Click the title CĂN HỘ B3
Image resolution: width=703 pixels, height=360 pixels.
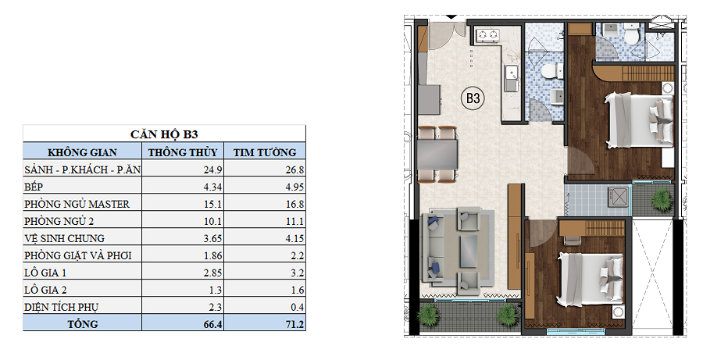pyautogui.click(x=164, y=134)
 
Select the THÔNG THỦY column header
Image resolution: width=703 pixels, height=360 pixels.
pyautogui.click(x=183, y=152)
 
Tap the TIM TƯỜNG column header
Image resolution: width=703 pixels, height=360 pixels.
pyautogui.click(x=265, y=152)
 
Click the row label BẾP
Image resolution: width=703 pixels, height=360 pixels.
pyautogui.click(x=34, y=187)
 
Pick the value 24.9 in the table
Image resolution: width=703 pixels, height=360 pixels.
pyautogui.click(x=212, y=170)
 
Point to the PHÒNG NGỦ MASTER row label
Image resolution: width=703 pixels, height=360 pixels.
pyautogui.click(x=77, y=204)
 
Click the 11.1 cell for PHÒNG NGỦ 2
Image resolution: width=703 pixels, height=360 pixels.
pyautogui.click(x=294, y=222)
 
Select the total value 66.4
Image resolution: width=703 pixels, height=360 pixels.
pyautogui.click(x=213, y=324)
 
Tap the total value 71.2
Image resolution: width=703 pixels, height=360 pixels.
pyautogui.click(x=295, y=324)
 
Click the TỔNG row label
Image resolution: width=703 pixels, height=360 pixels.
pyautogui.click(x=83, y=323)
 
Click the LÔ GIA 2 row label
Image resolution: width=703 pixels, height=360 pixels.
pyautogui.click(x=45, y=290)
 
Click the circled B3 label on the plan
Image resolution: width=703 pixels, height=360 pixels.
pyautogui.click(x=473, y=98)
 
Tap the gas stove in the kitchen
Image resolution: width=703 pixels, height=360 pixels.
pyautogui.click(x=487, y=34)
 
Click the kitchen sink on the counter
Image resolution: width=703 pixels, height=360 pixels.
pyautogui.click(x=511, y=78)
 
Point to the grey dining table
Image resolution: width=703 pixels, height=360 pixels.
pyautogui.click(x=437, y=154)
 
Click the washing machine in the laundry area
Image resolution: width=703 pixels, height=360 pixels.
pyautogui.click(x=619, y=196)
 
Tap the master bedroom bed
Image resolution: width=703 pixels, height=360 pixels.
pyautogui.click(x=640, y=119)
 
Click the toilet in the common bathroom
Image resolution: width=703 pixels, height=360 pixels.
pyautogui.click(x=550, y=72)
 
